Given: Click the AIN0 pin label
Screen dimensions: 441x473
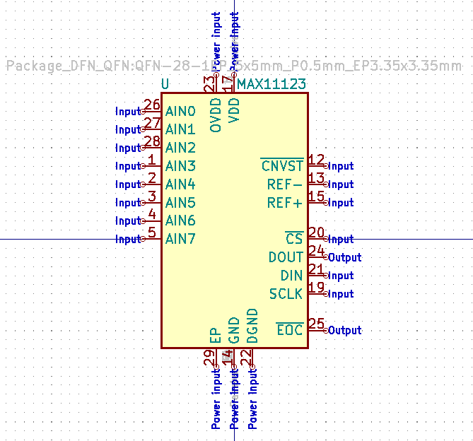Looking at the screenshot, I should point(180,112).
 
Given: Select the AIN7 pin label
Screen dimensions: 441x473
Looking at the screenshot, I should point(180,239).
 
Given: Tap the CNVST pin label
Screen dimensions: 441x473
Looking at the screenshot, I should point(282,166).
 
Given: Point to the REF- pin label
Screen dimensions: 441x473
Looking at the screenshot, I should point(285,184).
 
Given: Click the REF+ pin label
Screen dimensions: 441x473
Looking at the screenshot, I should point(285,203).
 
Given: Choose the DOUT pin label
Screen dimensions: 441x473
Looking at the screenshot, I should point(286,257).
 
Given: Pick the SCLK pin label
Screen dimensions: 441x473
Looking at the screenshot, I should point(286,293).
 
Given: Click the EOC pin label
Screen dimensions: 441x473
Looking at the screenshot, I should point(289,330).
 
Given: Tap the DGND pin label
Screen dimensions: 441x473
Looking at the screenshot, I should point(252,326).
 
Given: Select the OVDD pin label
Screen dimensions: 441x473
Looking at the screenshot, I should point(216,115).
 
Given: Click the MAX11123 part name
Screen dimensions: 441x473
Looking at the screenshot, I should point(271,85).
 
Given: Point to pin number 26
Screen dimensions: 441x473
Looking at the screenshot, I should point(151,105).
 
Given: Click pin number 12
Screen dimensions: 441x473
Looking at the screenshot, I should point(316,160).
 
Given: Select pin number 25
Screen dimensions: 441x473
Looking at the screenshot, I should point(316,324).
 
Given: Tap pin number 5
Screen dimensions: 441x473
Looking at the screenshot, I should point(151,233).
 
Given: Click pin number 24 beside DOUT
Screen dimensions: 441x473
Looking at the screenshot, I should point(316,251).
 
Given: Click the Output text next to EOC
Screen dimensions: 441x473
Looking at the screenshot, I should point(344,330).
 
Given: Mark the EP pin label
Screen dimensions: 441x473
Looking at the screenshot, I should point(216,335).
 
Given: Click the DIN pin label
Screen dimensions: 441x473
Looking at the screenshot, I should point(291,276).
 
